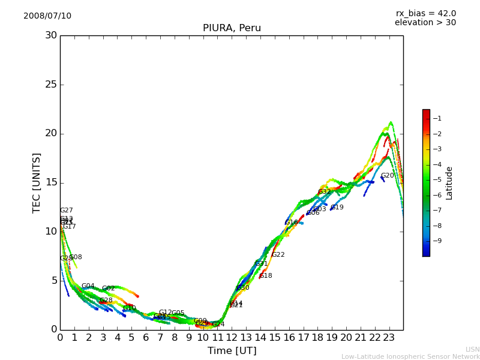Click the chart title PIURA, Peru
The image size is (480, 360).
click(x=232, y=28)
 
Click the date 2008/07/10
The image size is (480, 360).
click(x=47, y=16)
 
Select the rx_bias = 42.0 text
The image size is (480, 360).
click(x=425, y=14)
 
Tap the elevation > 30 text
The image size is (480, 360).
click(x=425, y=23)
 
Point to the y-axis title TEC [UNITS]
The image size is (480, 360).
click(x=37, y=182)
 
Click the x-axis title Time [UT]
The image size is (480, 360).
click(x=232, y=351)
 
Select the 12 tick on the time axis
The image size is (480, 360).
click(x=232, y=337)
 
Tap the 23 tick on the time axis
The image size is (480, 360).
click(x=389, y=337)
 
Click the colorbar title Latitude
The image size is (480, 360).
click(x=449, y=183)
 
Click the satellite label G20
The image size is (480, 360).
click(x=388, y=176)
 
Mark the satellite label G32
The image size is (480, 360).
click(x=325, y=192)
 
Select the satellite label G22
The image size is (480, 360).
click(x=278, y=255)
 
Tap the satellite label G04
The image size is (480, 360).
click(x=88, y=286)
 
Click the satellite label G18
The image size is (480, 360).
click(x=266, y=276)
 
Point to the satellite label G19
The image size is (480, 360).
click(x=337, y=208)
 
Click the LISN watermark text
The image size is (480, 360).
click(x=472, y=349)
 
